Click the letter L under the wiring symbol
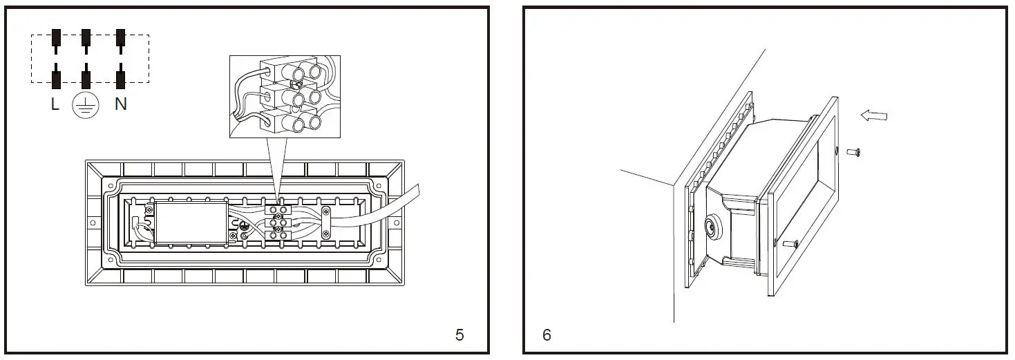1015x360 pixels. click(55, 105)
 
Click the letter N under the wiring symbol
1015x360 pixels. click(120, 105)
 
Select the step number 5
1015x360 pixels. click(459, 335)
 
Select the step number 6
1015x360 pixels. click(547, 335)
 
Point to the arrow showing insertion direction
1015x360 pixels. click(873, 116)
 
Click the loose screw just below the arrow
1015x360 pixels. click(853, 151)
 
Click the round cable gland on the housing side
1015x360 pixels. click(711, 227)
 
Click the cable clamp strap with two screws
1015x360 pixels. click(327, 222)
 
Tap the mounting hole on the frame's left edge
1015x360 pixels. click(92, 223)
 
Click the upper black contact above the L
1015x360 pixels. click(55, 38)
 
